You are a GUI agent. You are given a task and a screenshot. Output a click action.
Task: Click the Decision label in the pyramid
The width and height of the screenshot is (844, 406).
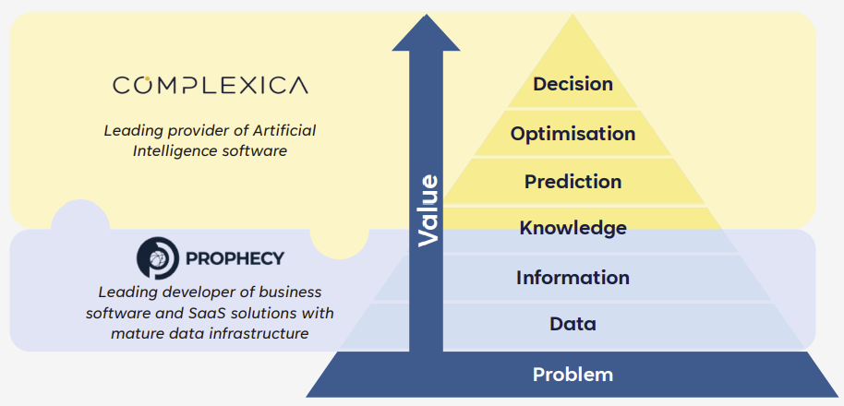pyautogui.click(x=573, y=84)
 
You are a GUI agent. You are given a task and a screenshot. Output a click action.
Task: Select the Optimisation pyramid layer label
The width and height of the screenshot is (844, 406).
pyautogui.click(x=573, y=134)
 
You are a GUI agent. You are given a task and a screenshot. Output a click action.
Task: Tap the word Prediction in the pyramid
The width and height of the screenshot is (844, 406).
pyautogui.click(x=573, y=182)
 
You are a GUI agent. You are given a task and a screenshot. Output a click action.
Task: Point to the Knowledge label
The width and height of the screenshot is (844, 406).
pyautogui.click(x=573, y=228)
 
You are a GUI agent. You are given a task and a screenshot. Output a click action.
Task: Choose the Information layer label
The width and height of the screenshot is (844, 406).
pyautogui.click(x=573, y=278)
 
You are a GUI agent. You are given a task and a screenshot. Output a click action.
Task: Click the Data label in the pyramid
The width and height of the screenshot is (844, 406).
pyautogui.click(x=573, y=324)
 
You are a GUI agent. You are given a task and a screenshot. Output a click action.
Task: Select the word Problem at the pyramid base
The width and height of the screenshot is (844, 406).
pyautogui.click(x=573, y=375)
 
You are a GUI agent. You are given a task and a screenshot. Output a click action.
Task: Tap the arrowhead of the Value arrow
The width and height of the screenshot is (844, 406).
pyautogui.click(x=426, y=32)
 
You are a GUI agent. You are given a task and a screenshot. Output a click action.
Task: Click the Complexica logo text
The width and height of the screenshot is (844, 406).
pyautogui.click(x=211, y=85)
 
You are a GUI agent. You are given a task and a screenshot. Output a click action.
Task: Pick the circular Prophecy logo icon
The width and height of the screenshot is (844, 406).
pyautogui.click(x=157, y=258)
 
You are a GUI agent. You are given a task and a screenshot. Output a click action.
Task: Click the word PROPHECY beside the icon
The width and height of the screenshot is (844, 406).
pyautogui.click(x=235, y=258)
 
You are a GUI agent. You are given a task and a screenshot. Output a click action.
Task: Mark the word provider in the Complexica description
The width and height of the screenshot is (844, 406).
pyautogui.click(x=188, y=131)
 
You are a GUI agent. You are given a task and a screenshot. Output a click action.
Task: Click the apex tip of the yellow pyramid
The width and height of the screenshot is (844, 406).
pyautogui.click(x=573, y=17)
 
